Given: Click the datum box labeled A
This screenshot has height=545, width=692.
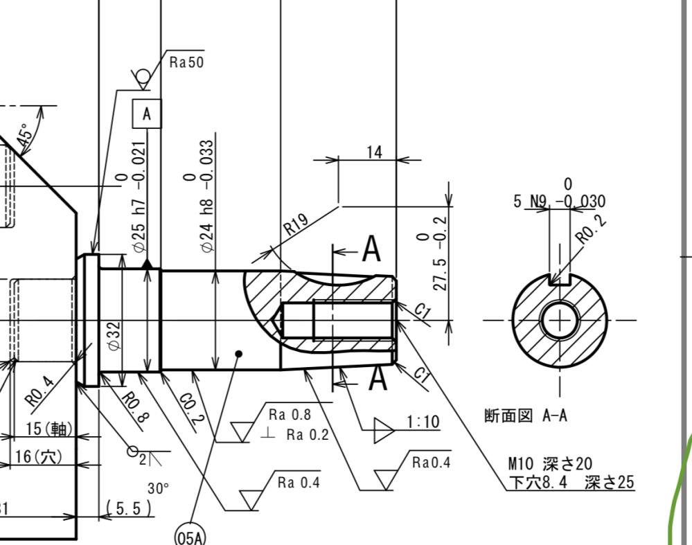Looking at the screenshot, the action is point(147,114).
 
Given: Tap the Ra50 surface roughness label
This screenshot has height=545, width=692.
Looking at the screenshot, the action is point(187,62).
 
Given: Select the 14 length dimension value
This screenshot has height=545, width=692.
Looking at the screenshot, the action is point(374,152).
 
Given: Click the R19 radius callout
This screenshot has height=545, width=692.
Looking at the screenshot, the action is point(295,225).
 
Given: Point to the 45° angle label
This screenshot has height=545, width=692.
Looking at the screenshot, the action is point(25,135).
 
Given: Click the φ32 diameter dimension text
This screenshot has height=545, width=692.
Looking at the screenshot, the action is point(114,337).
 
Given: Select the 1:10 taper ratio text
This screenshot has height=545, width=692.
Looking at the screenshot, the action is point(423,422).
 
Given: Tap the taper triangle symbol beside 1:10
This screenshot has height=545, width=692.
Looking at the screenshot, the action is point(384,430).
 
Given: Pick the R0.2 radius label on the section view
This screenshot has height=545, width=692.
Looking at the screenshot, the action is point(591,229).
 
